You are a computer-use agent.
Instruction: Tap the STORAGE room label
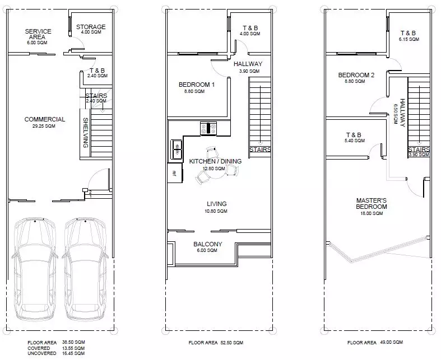pyautogui.click(x=90, y=27)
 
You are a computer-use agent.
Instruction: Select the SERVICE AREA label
pyautogui.click(x=39, y=34)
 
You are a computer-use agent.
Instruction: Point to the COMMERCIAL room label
pyautogui.click(x=45, y=119)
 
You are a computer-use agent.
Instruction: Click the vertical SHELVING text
pyautogui.click(x=86, y=132)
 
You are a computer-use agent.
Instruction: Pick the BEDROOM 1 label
pyautogui.click(x=197, y=85)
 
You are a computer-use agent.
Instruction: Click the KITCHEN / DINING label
pyautogui.click(x=215, y=161)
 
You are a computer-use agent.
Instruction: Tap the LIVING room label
pyautogui.click(x=216, y=204)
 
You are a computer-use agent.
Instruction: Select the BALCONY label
pyautogui.click(x=208, y=244)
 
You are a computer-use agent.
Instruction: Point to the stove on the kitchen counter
pyautogui.click(x=208, y=128)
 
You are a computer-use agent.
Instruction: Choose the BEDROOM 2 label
pyautogui.click(x=356, y=75)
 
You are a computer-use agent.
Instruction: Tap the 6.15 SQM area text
pyautogui.click(x=408, y=40)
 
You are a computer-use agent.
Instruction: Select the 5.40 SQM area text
pyautogui.click(x=354, y=141)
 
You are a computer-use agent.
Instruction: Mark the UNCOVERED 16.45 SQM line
pyautogui.click(x=57, y=353)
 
